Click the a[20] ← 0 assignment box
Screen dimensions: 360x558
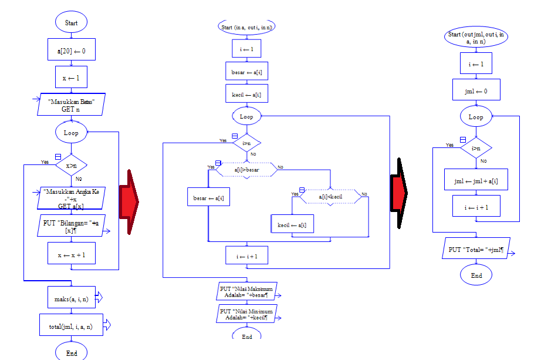click(71, 51)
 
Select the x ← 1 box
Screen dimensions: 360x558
click(71, 78)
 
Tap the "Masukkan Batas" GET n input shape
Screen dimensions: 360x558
click(71, 105)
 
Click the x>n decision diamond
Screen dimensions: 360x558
click(71, 166)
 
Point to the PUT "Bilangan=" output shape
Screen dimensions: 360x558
click(71, 226)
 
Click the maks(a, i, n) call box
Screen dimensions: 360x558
click(71, 298)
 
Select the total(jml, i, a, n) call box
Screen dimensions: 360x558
click(71, 325)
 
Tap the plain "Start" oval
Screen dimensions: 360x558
click(71, 23)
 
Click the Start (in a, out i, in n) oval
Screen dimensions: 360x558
click(246, 28)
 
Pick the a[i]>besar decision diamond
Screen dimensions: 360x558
click(246, 170)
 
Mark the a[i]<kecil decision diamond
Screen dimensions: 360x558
click(330, 196)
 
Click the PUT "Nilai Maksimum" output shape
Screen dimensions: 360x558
click(246, 291)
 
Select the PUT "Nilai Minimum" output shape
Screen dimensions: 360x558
click(246, 314)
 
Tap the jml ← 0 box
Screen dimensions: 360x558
click(476, 90)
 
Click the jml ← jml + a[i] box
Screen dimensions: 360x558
click(476, 181)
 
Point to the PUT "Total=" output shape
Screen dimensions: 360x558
click(476, 249)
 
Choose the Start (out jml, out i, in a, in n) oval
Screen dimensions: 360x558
click(476, 38)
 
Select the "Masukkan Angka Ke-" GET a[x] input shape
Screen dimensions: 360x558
click(71, 198)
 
